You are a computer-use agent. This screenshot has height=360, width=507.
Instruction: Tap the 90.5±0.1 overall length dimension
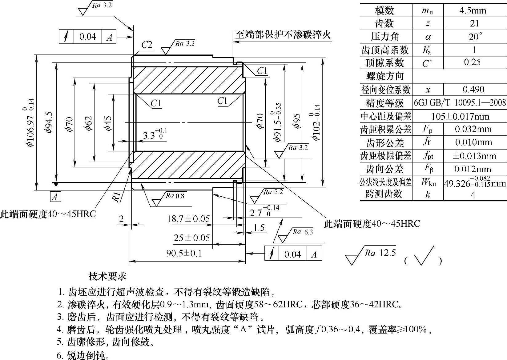(184, 253)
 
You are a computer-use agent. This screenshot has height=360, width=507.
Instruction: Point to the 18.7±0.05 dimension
(188, 219)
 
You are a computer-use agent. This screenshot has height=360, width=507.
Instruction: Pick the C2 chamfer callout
(147, 45)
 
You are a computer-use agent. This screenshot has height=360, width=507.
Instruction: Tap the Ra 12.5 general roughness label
(380, 253)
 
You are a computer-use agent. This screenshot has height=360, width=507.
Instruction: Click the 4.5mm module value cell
(473, 10)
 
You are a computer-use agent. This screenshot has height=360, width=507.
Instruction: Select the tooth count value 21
(474, 23)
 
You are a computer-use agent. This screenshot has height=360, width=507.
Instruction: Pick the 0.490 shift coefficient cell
(473, 89)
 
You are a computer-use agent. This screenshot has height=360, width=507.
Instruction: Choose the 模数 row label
(385, 10)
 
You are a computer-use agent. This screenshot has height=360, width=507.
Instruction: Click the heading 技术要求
(107, 276)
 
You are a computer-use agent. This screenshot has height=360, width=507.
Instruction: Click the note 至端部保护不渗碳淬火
(283, 34)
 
